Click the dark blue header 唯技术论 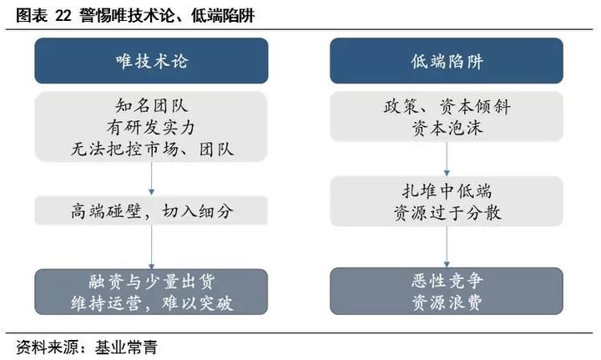point(151,61)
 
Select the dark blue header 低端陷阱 point(447,61)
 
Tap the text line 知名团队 point(151,106)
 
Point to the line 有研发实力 point(151,127)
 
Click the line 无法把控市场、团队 point(152,150)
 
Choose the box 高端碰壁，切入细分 point(151,210)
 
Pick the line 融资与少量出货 point(151,281)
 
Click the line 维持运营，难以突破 point(152,303)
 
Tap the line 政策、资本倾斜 point(447,106)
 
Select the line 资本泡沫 point(447,128)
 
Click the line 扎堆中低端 point(447,190)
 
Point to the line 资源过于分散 point(447,212)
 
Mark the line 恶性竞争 point(447,281)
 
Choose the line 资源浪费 point(447,303)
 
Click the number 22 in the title point(63,16)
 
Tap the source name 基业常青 point(126,347)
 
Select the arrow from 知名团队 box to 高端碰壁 point(151,179)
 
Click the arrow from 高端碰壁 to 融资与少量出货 point(151,247)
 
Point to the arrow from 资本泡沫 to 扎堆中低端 point(447,159)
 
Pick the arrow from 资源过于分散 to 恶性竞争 point(447,247)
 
